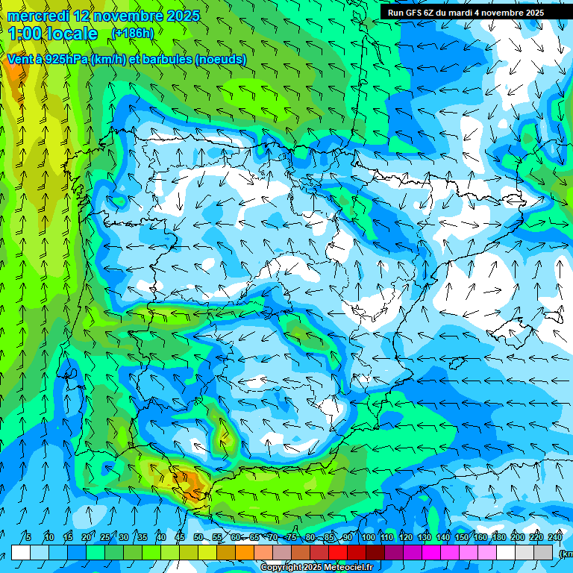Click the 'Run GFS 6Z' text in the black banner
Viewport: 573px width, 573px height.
pos(415,13)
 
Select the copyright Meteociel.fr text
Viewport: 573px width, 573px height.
pos(316,568)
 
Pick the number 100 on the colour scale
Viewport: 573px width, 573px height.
pos(368,537)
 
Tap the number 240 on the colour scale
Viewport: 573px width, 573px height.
pos(555,537)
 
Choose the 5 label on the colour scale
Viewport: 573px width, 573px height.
pos(28,537)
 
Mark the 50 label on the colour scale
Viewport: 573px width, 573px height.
pos(198,537)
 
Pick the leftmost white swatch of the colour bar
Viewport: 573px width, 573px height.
pos(21,552)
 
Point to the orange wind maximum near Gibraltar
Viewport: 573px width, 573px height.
pos(192,483)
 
